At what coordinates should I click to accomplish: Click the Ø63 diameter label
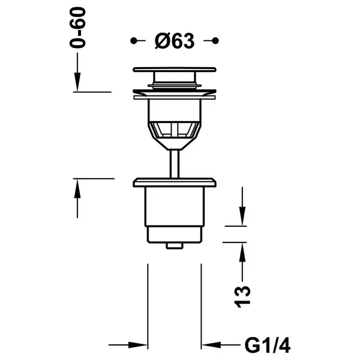point(175,41)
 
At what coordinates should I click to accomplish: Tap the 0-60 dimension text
point(77,28)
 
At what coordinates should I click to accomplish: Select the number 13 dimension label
point(242,296)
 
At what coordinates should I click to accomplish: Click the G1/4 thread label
point(268,344)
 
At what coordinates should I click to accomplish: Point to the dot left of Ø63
point(133,41)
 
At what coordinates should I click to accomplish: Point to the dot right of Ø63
point(215,41)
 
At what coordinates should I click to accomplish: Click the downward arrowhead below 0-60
point(77,82)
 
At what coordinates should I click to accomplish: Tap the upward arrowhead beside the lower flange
point(77,188)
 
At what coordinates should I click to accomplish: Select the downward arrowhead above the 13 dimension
point(242,216)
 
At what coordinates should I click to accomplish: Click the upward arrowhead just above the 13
point(242,252)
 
